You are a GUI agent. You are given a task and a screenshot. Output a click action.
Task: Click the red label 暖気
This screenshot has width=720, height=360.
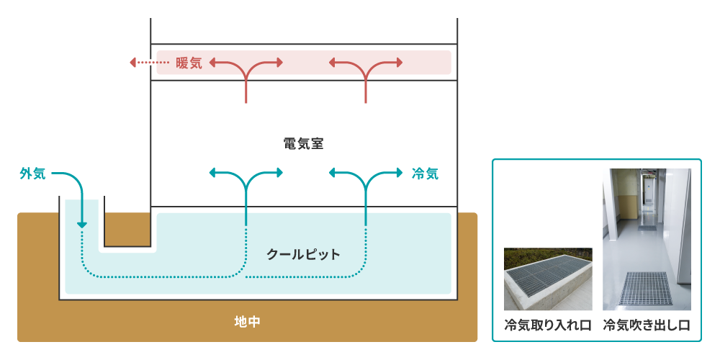[x=189, y=63]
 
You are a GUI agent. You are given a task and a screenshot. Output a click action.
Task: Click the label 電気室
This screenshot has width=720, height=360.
[x=303, y=143]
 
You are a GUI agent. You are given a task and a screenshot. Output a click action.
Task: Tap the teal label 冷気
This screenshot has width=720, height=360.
[x=425, y=173]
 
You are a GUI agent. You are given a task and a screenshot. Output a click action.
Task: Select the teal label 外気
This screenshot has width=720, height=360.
[x=33, y=173]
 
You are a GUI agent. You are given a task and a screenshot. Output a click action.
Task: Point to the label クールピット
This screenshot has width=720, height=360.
[x=303, y=254]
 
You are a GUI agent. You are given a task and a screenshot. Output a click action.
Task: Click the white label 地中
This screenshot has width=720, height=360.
[x=247, y=322]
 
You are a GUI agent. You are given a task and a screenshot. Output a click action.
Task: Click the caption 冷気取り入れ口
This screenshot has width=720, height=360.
[x=547, y=325]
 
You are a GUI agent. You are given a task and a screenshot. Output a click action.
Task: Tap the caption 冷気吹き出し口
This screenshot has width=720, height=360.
[x=647, y=325]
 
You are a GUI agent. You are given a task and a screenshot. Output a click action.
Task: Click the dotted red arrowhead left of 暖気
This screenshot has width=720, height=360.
[x=133, y=63]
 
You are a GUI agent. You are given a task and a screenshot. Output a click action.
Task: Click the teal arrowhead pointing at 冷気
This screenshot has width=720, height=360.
[x=398, y=173]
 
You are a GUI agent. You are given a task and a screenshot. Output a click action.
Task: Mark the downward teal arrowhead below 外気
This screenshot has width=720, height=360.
[x=82, y=225]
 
